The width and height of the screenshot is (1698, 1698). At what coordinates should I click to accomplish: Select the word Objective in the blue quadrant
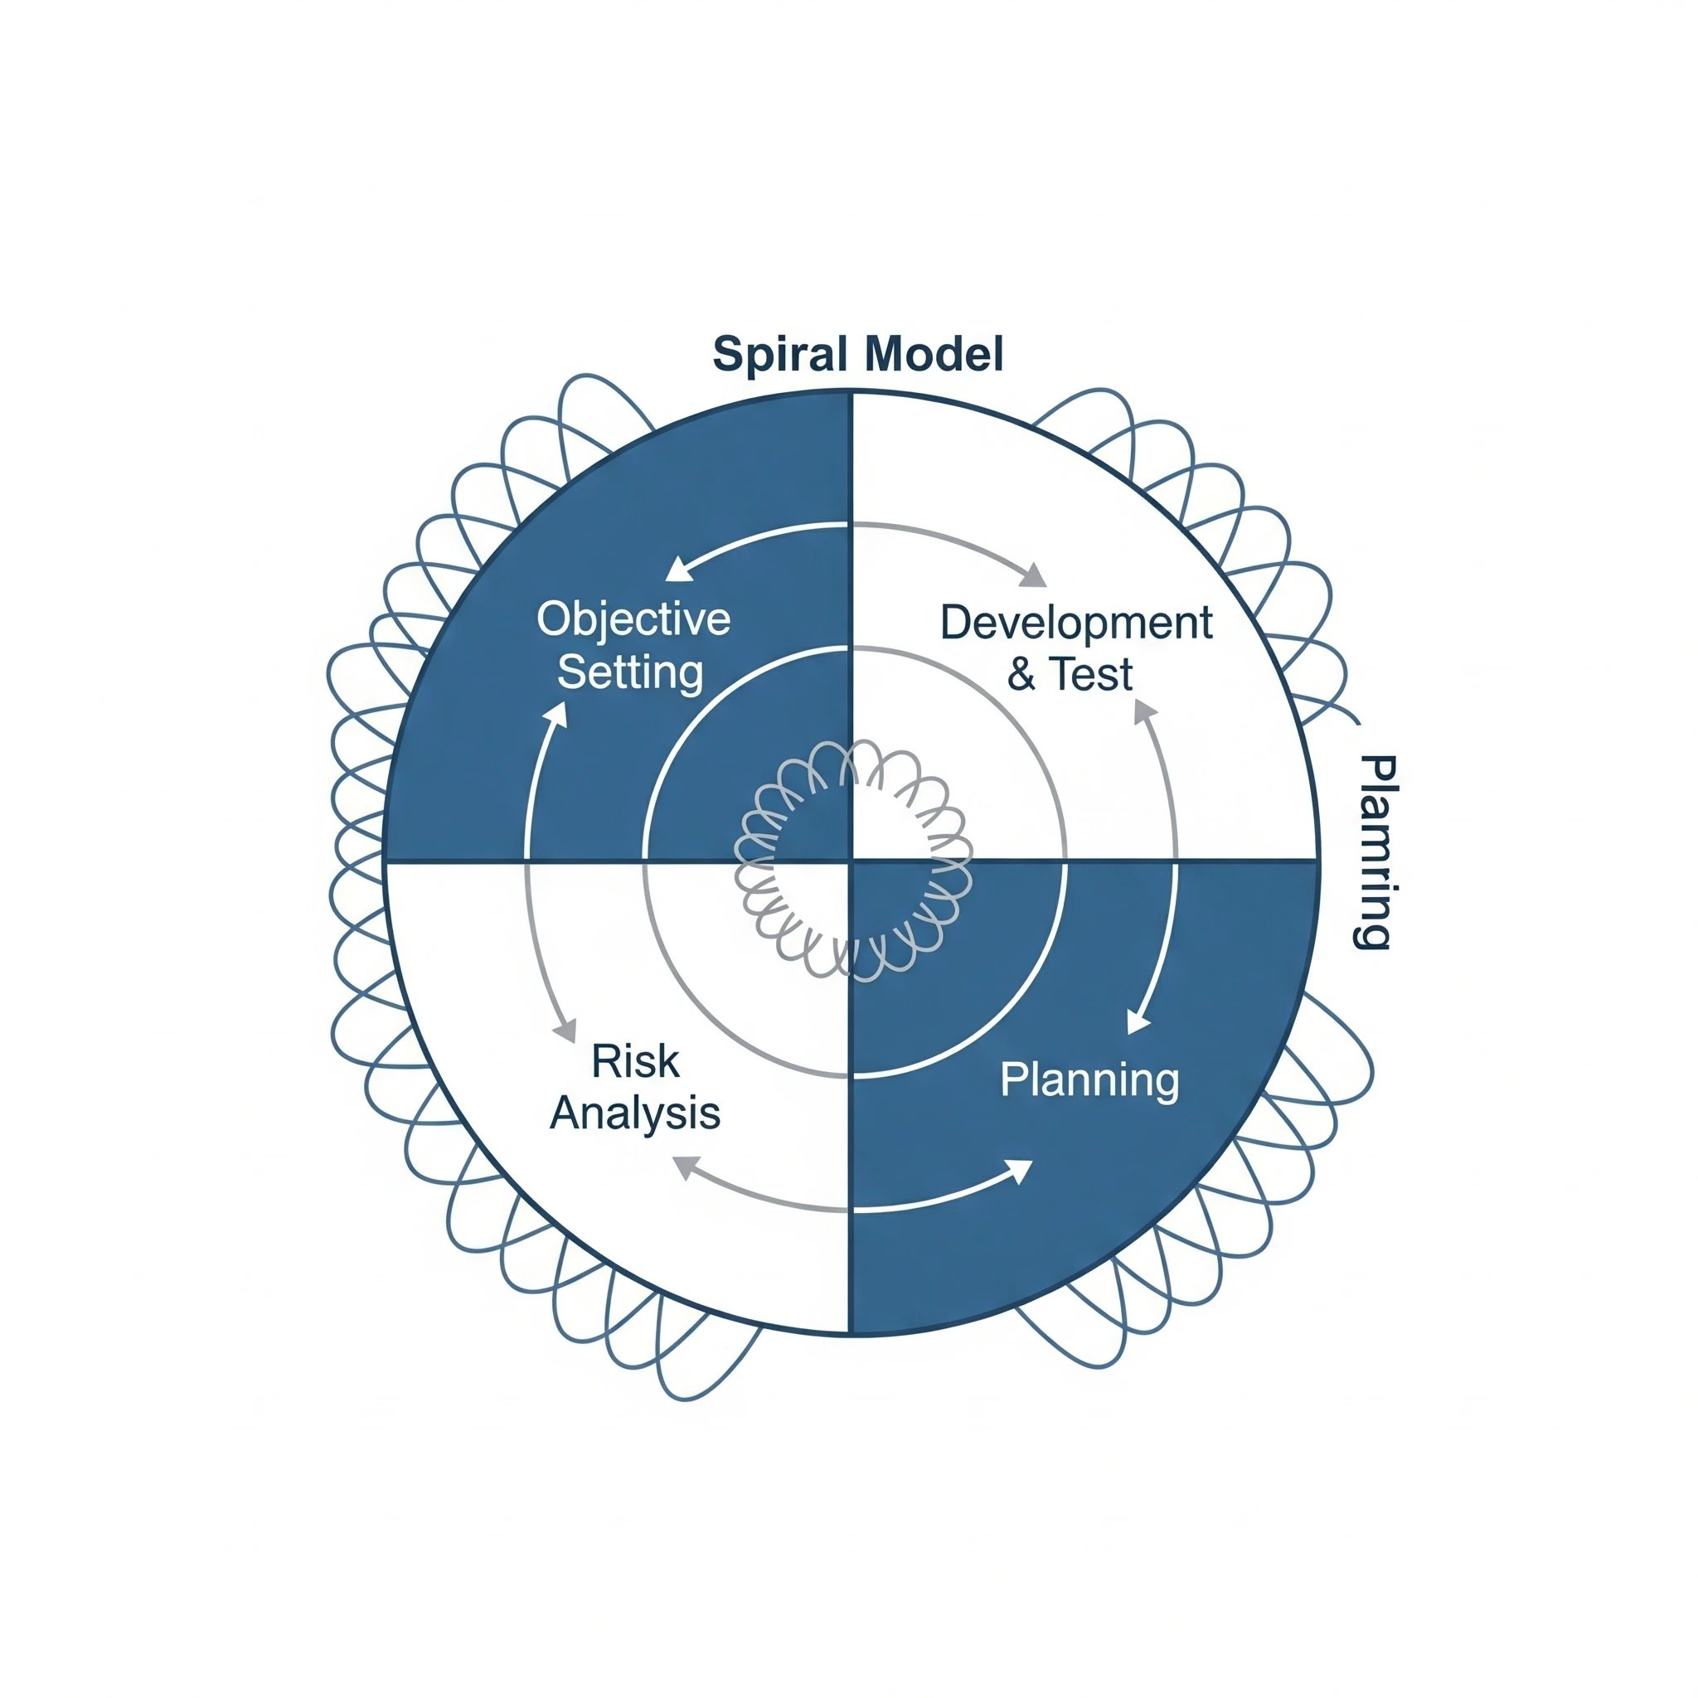(633, 619)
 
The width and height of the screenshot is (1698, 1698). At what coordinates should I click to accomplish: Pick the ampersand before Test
(1021, 675)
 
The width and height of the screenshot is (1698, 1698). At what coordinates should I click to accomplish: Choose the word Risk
(634, 1062)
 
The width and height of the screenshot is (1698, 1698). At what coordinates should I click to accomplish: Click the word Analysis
(634, 1113)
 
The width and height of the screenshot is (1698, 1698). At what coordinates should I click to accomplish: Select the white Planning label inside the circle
(1089, 1079)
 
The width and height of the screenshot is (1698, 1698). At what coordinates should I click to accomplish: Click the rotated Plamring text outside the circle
(1374, 851)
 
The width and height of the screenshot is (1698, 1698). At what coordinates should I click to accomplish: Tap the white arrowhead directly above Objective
(677, 570)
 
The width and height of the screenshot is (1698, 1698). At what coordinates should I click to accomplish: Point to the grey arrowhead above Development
(1035, 575)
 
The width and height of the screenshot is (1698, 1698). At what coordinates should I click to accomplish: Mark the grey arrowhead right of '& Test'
(1144, 712)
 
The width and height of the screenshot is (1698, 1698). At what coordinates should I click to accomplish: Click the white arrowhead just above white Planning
(1138, 1023)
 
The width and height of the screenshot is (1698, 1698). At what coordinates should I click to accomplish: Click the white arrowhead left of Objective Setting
(555, 715)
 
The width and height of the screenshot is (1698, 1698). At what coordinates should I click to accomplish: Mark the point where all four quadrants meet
(851, 861)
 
